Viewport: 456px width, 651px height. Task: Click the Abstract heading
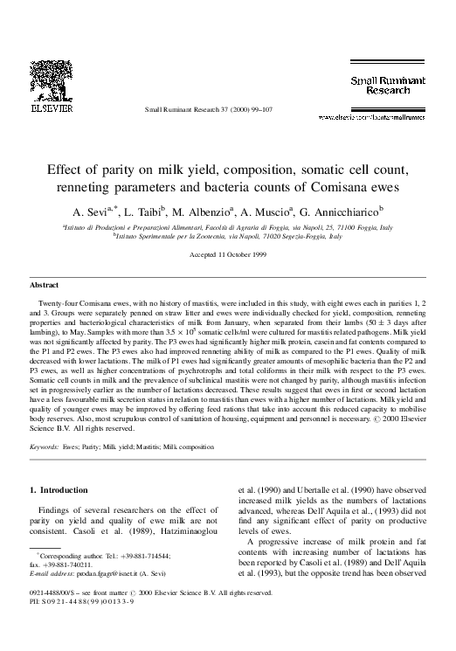[x=44, y=285]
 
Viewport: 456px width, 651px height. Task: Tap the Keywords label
[x=45, y=447]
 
